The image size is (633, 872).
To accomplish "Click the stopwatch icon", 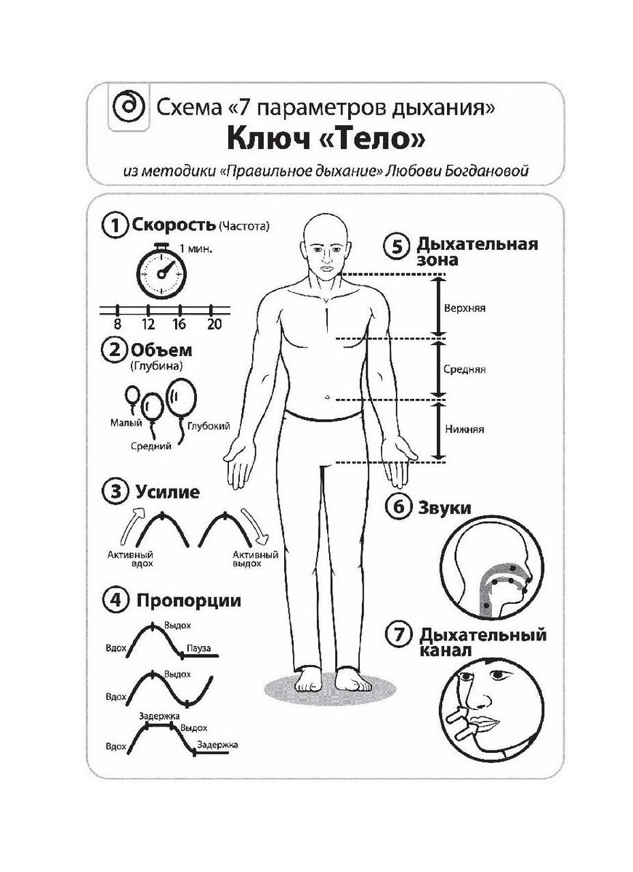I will point(162,274).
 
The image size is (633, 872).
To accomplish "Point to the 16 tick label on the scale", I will point(179,324).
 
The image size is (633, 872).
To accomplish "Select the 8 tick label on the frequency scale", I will point(116,324).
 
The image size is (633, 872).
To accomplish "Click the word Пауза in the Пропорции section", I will point(198,647).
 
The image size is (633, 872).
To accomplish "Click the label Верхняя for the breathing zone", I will point(464,307).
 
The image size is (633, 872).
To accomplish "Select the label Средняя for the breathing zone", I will point(464,369).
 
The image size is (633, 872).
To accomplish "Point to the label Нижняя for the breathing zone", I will point(464,429).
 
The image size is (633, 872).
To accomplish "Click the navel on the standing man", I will point(328,397).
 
